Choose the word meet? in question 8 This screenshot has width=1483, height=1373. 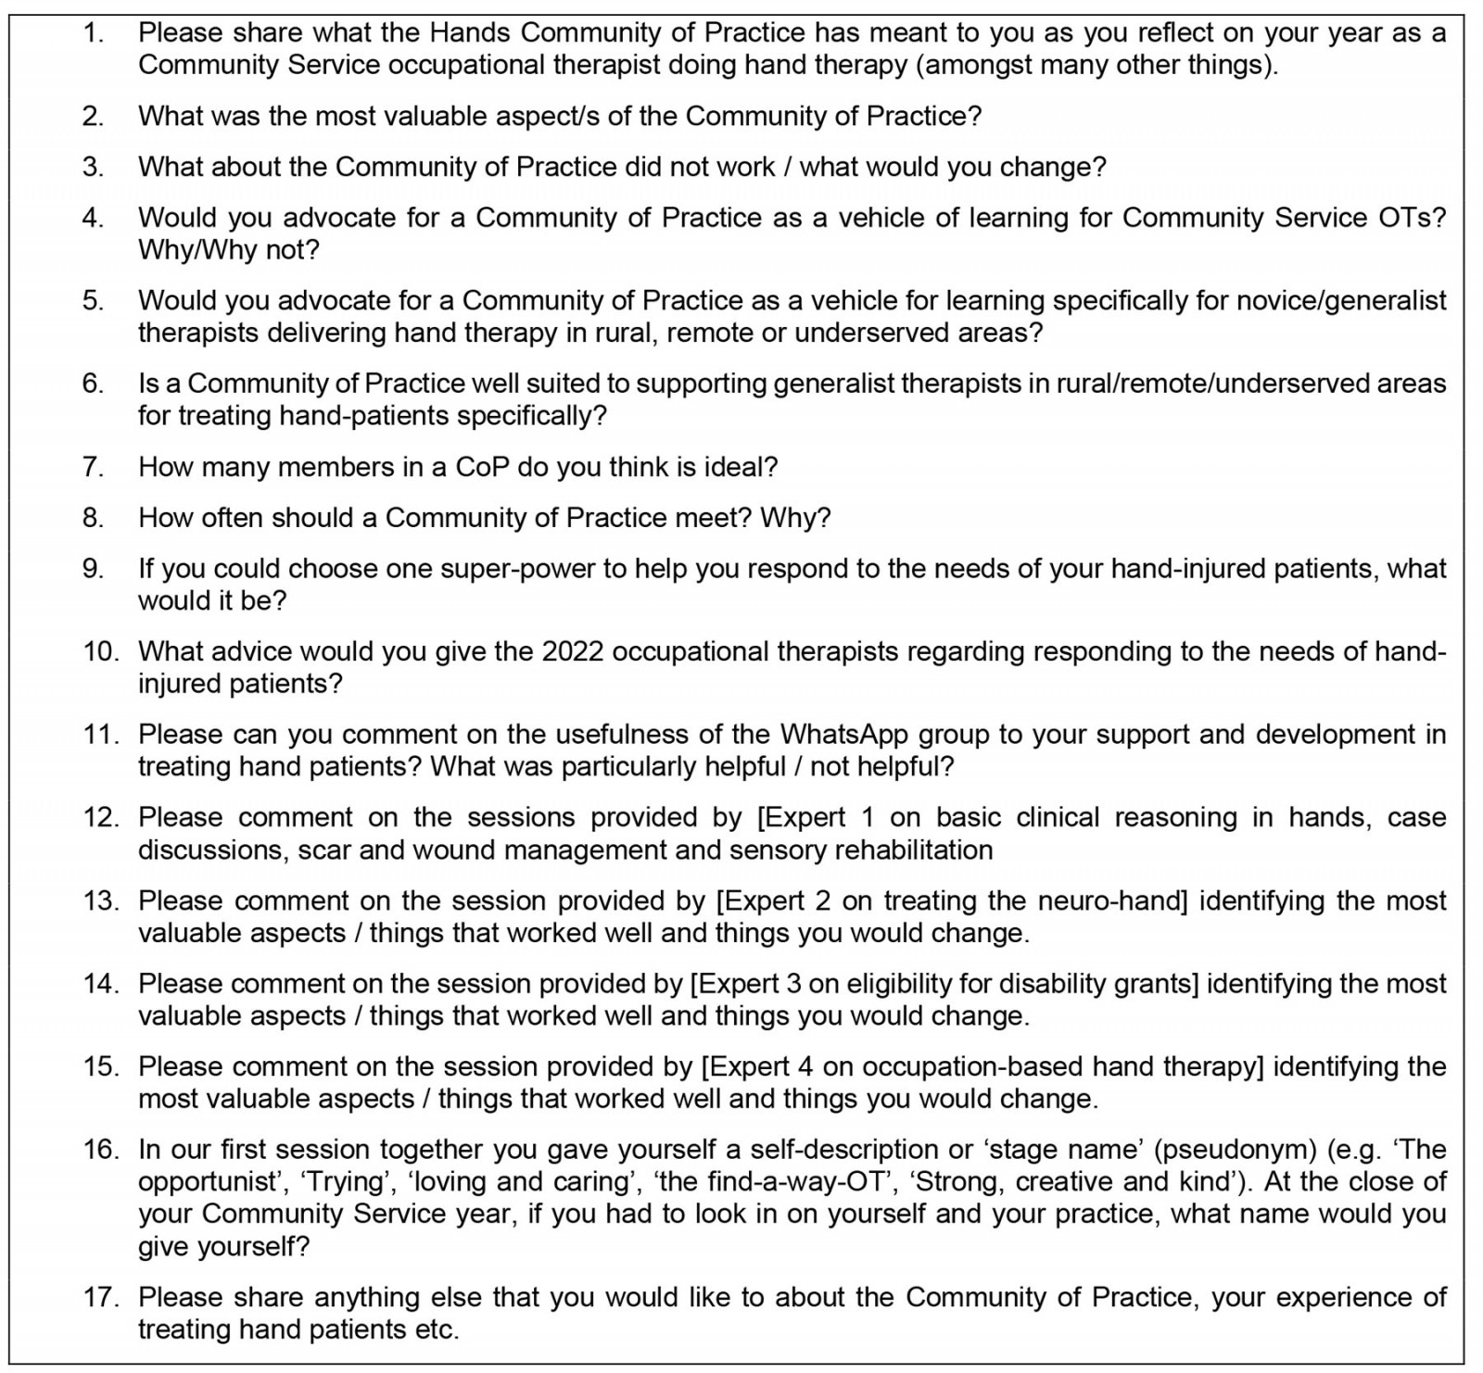pyautogui.click(x=709, y=518)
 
